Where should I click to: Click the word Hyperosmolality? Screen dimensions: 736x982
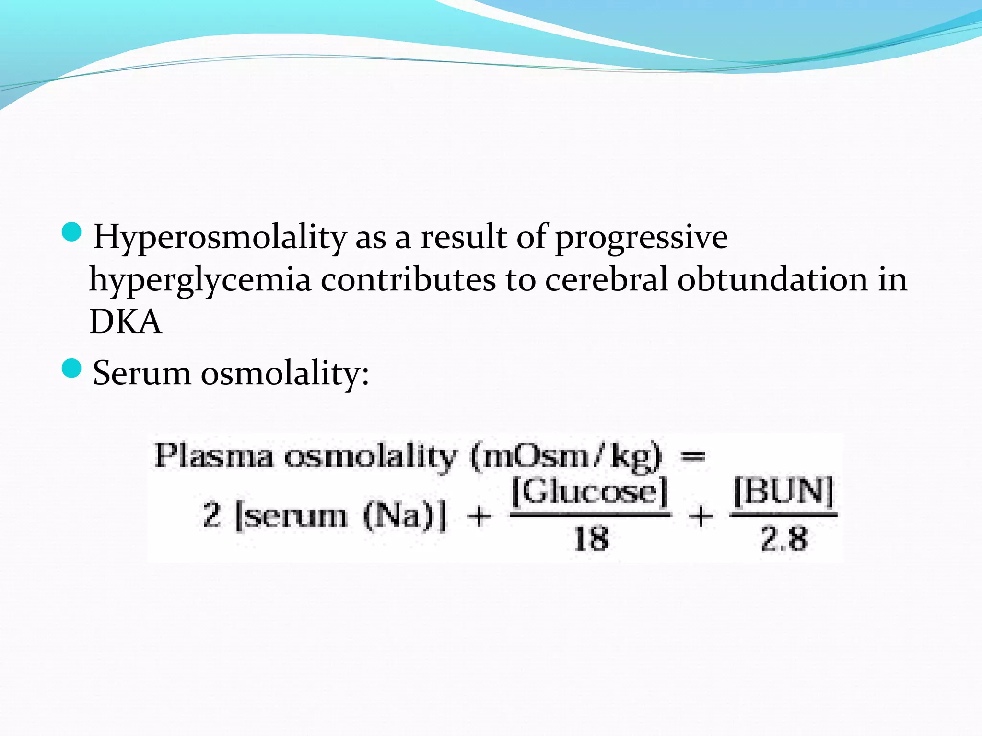pyautogui.click(x=220, y=237)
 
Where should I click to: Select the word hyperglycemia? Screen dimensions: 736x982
pyautogui.click(x=200, y=280)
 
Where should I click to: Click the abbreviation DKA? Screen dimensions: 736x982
pyautogui.click(x=126, y=322)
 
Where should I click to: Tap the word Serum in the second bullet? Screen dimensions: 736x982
pyautogui.click(x=142, y=373)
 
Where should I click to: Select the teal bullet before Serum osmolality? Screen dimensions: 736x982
pyautogui.click(x=72, y=368)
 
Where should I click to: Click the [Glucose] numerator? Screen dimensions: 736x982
pyautogui.click(x=590, y=492)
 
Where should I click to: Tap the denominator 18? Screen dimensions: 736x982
pyautogui.click(x=591, y=538)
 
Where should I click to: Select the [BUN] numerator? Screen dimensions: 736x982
pyautogui.click(x=783, y=492)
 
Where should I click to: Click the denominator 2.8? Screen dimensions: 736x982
pyautogui.click(x=783, y=538)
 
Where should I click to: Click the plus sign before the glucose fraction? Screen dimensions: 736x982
pyautogui.click(x=479, y=517)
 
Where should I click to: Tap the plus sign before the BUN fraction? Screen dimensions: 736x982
pyautogui.click(x=701, y=517)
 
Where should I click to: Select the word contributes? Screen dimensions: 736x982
pyautogui.click(x=408, y=279)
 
